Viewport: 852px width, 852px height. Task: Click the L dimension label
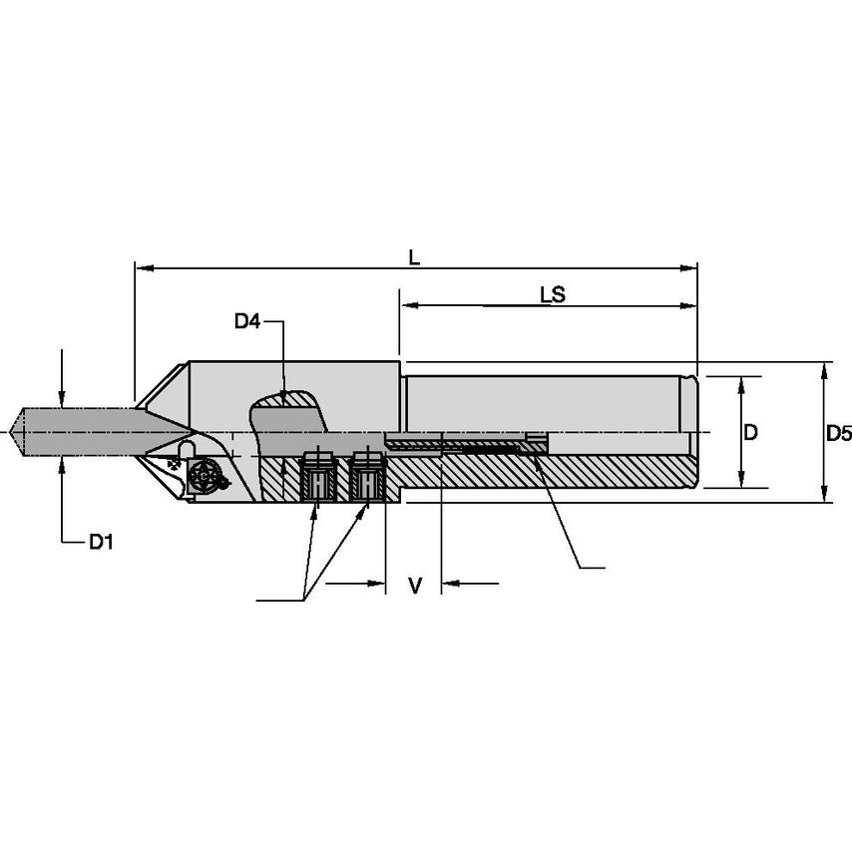[x=415, y=256]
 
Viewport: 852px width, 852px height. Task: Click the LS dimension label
[x=553, y=295]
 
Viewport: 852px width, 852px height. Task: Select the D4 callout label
[x=247, y=321]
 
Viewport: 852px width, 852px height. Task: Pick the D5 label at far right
[x=839, y=433]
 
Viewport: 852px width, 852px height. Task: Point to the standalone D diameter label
[x=751, y=432]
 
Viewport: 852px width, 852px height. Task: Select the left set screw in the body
[x=317, y=477]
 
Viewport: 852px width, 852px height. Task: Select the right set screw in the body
[x=366, y=477]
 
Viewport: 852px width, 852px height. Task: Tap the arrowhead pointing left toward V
[x=449, y=583]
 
